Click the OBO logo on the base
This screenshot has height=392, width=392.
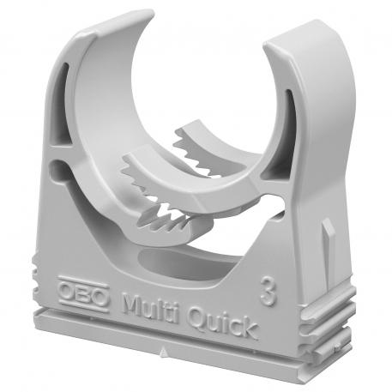[83, 293]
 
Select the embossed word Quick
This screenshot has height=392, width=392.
[219, 323]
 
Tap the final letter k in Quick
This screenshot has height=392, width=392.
[248, 328]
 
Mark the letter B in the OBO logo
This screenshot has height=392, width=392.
[83, 293]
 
